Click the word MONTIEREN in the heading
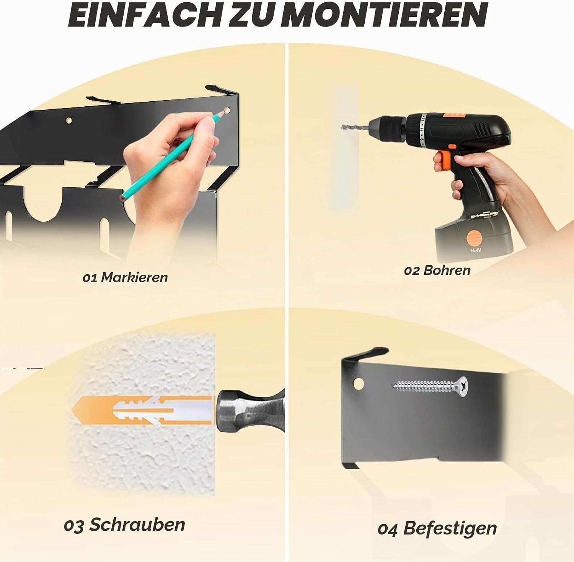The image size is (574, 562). [386, 15]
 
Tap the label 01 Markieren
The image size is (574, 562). [125, 277]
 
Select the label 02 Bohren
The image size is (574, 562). [437, 270]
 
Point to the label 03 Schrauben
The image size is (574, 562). [124, 525]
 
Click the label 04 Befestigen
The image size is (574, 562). [437, 528]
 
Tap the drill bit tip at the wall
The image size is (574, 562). [342, 127]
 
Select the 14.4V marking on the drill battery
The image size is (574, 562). [475, 250]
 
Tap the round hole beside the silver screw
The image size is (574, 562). [359, 383]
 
